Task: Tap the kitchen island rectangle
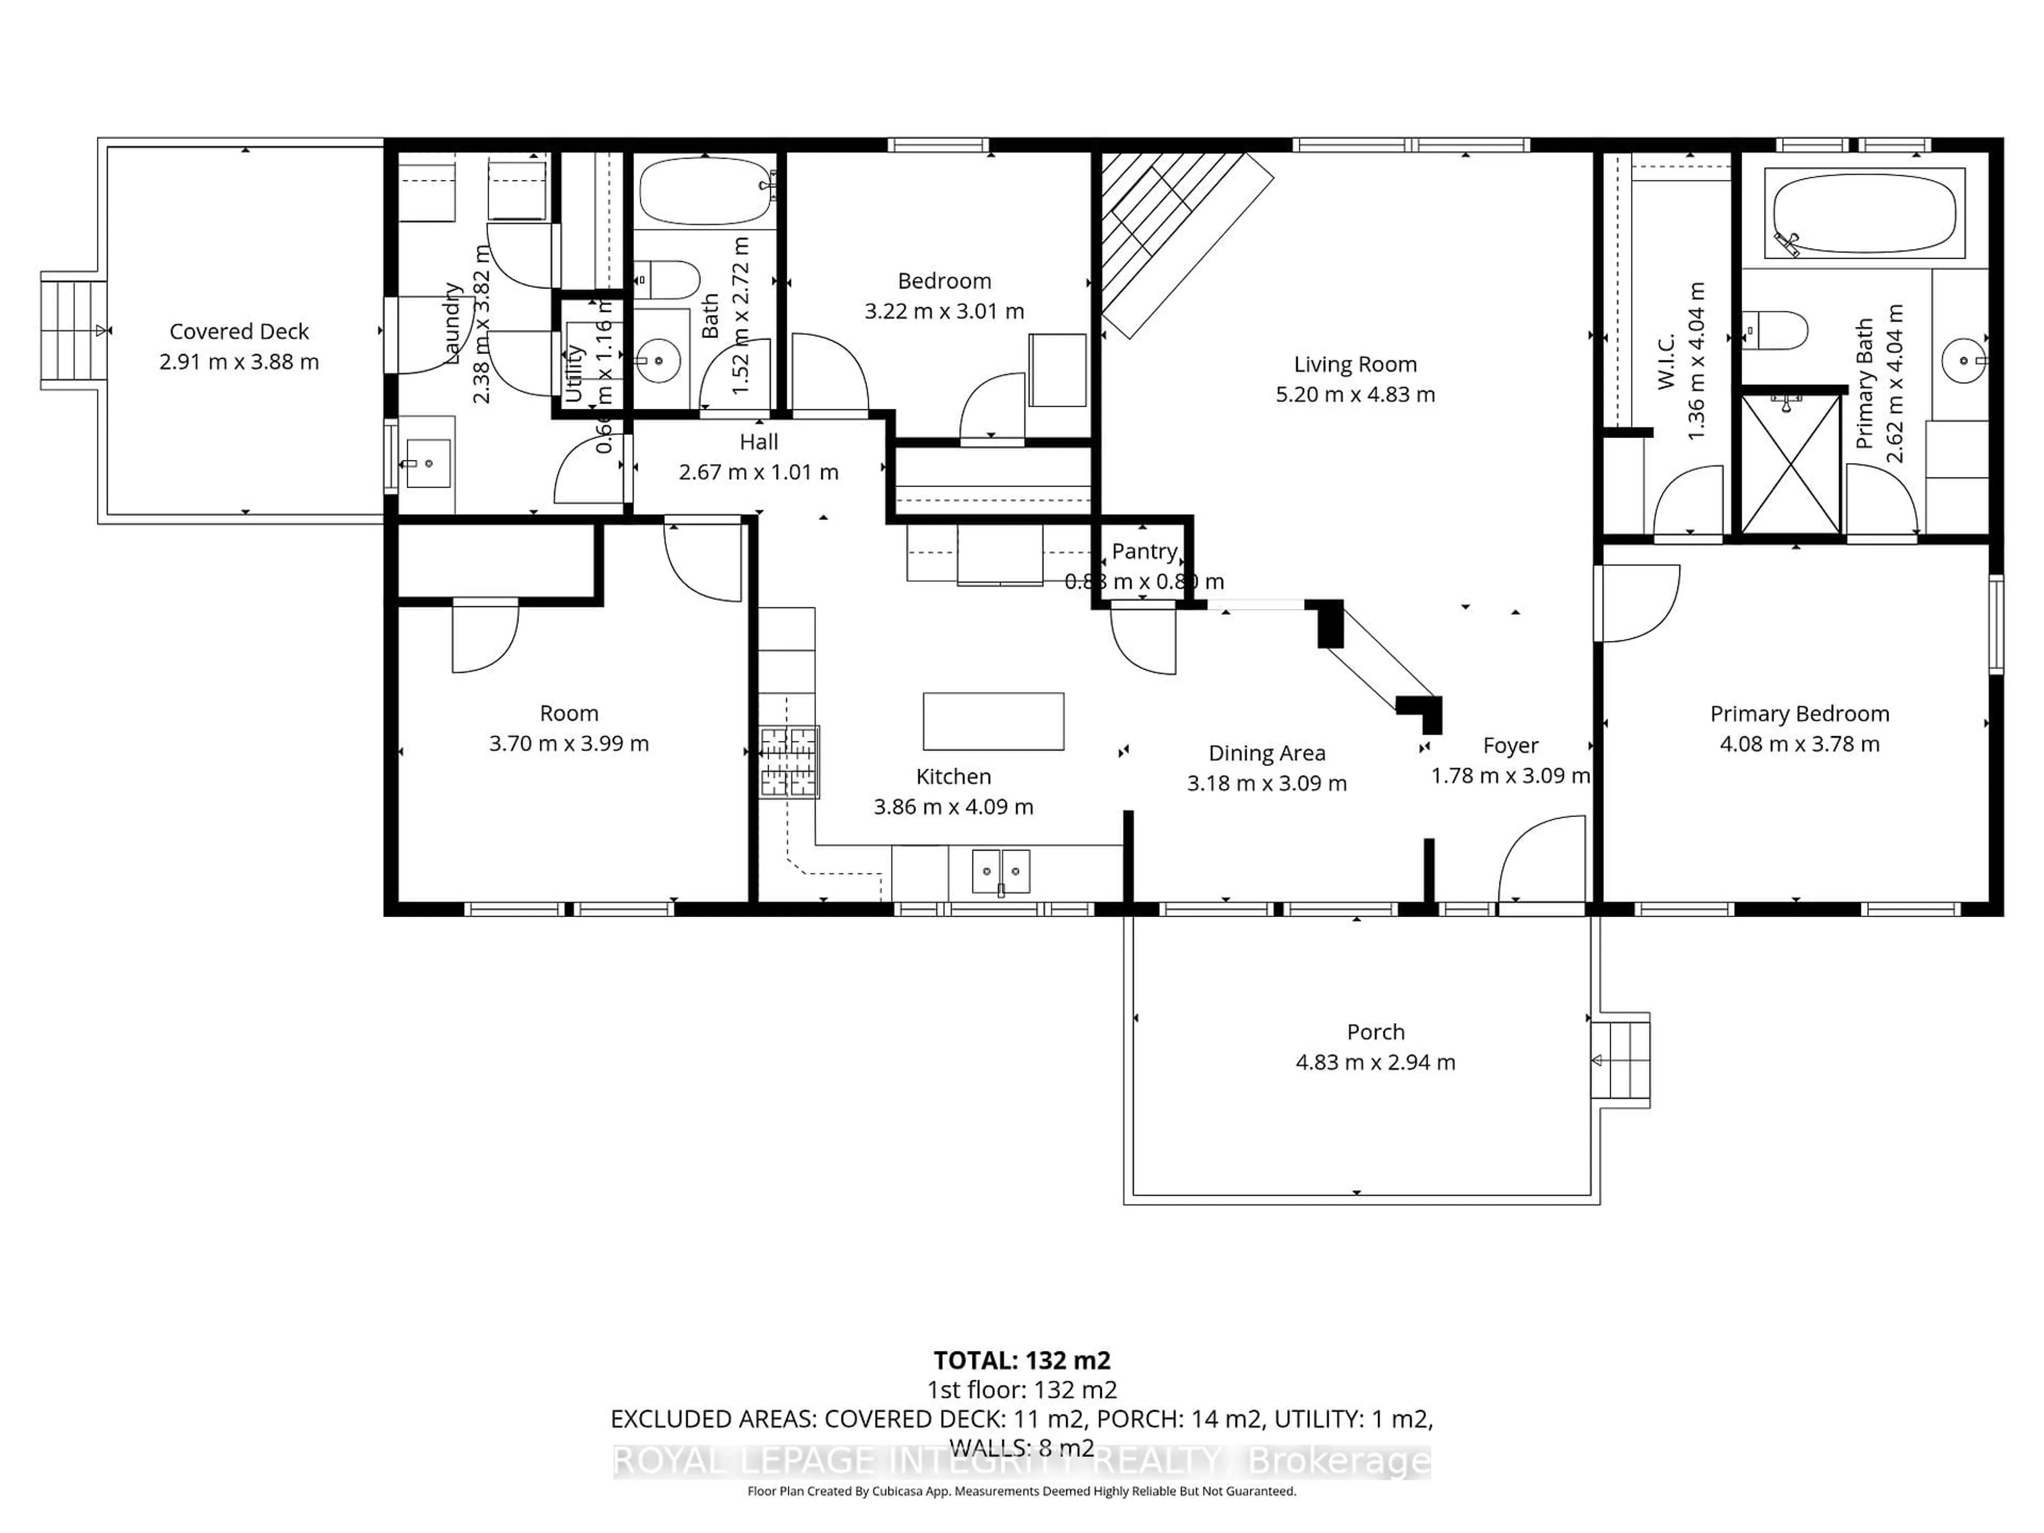[993, 721]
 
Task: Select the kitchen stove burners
[789, 762]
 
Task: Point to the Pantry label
[1144, 551]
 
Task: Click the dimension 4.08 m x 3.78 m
[1799, 744]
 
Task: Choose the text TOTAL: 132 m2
[1021, 1360]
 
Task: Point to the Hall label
[759, 442]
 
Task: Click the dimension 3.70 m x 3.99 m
[568, 744]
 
